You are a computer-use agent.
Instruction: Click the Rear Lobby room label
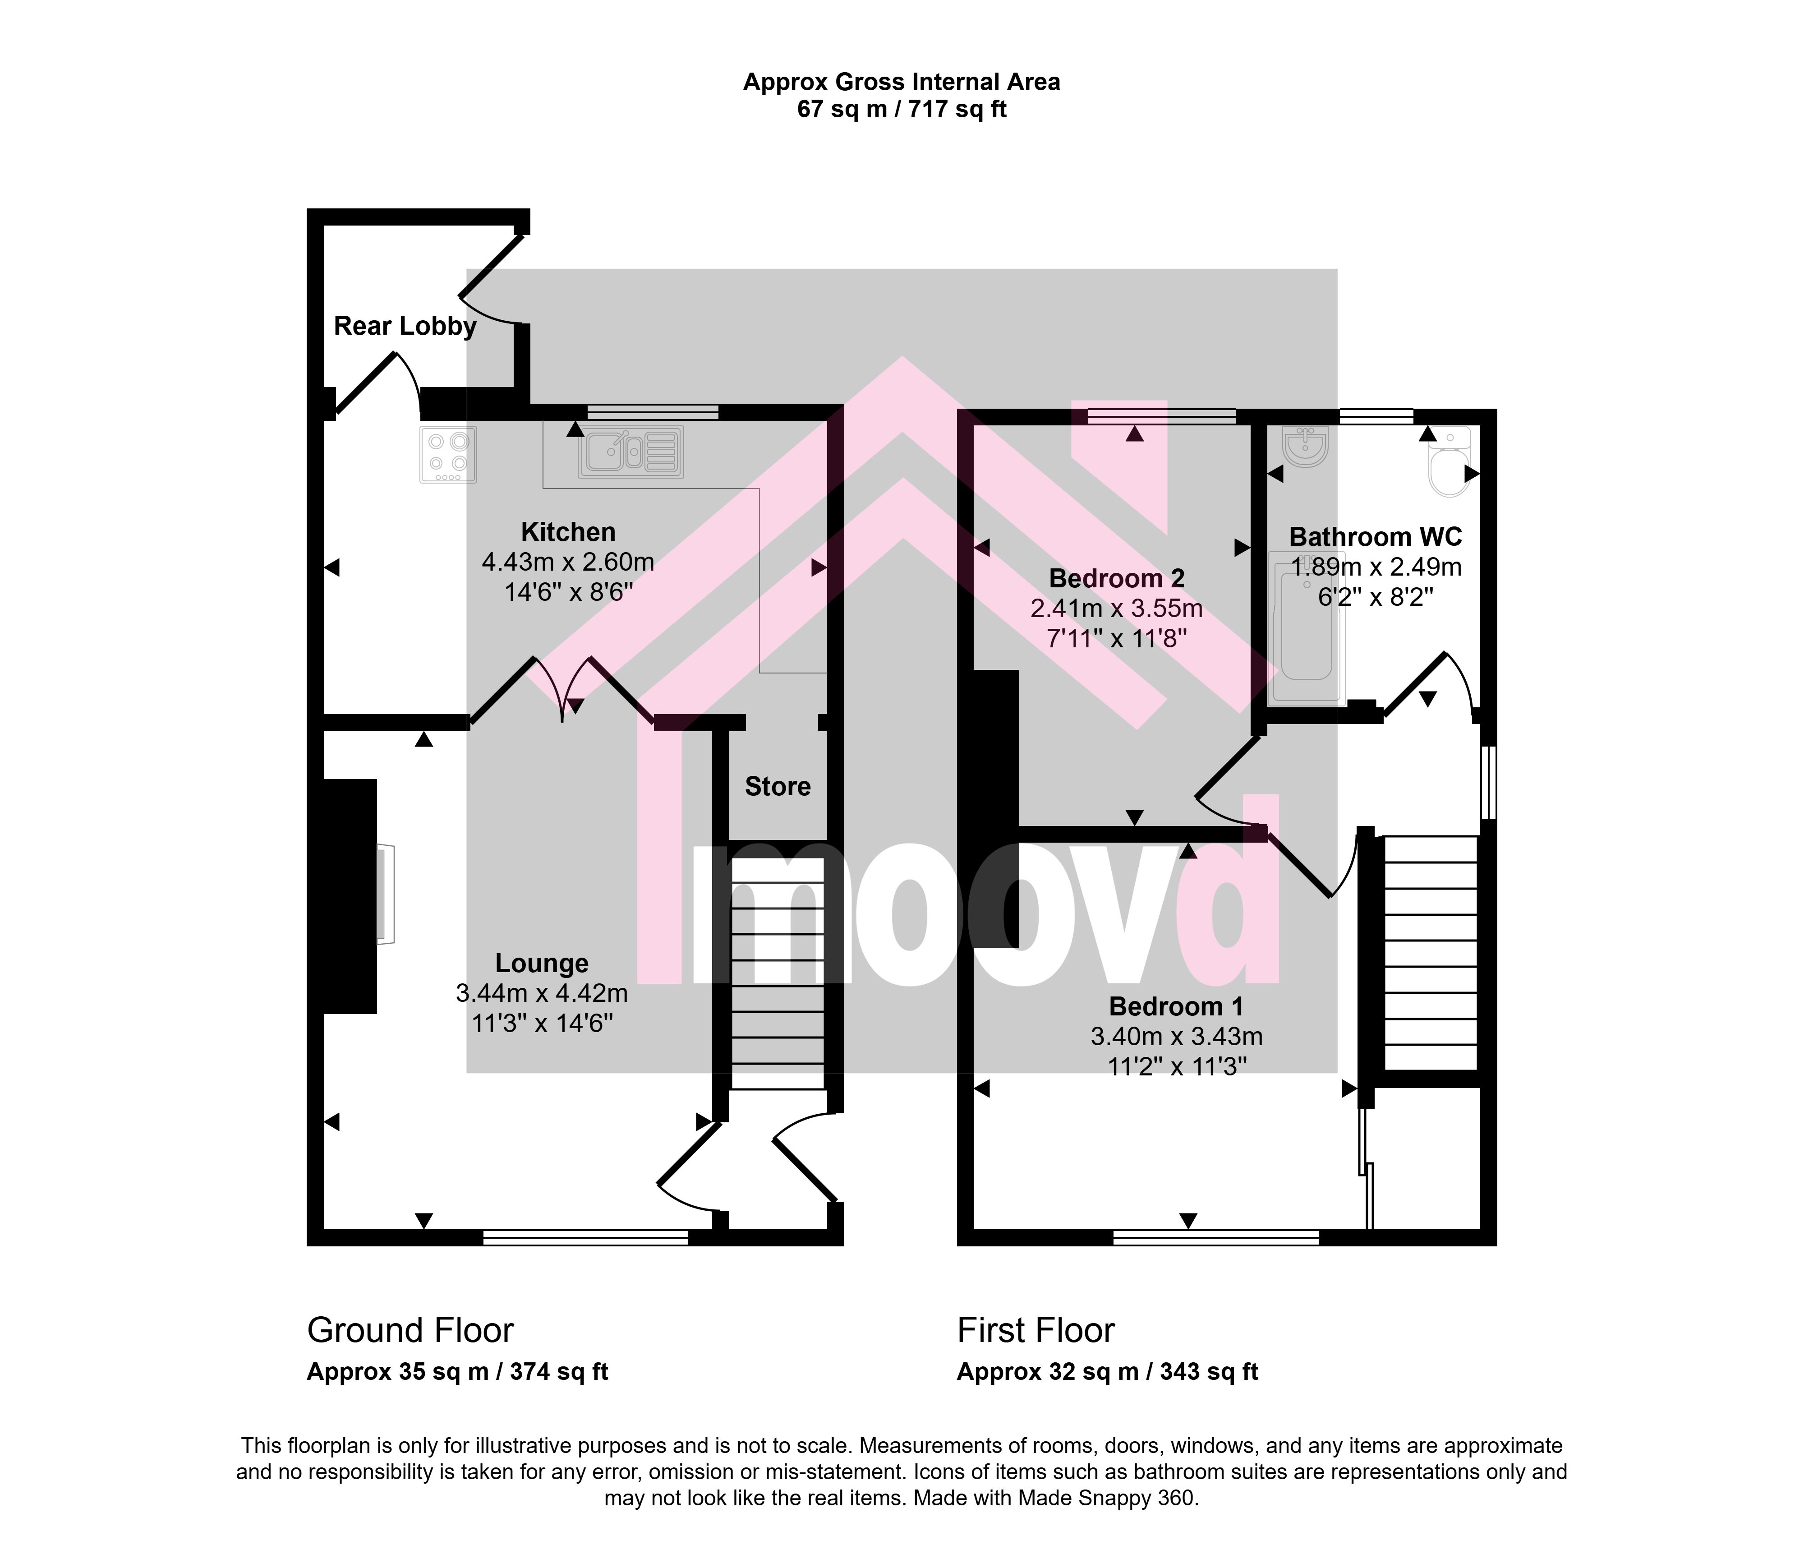[405, 327]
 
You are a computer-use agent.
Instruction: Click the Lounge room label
[542, 963]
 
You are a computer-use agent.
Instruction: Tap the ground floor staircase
[778, 973]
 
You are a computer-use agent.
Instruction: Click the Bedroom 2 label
[1117, 578]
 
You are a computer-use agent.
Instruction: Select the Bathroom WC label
[1376, 536]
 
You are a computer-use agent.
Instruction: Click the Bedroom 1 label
[1176, 1007]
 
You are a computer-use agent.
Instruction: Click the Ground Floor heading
[410, 1331]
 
